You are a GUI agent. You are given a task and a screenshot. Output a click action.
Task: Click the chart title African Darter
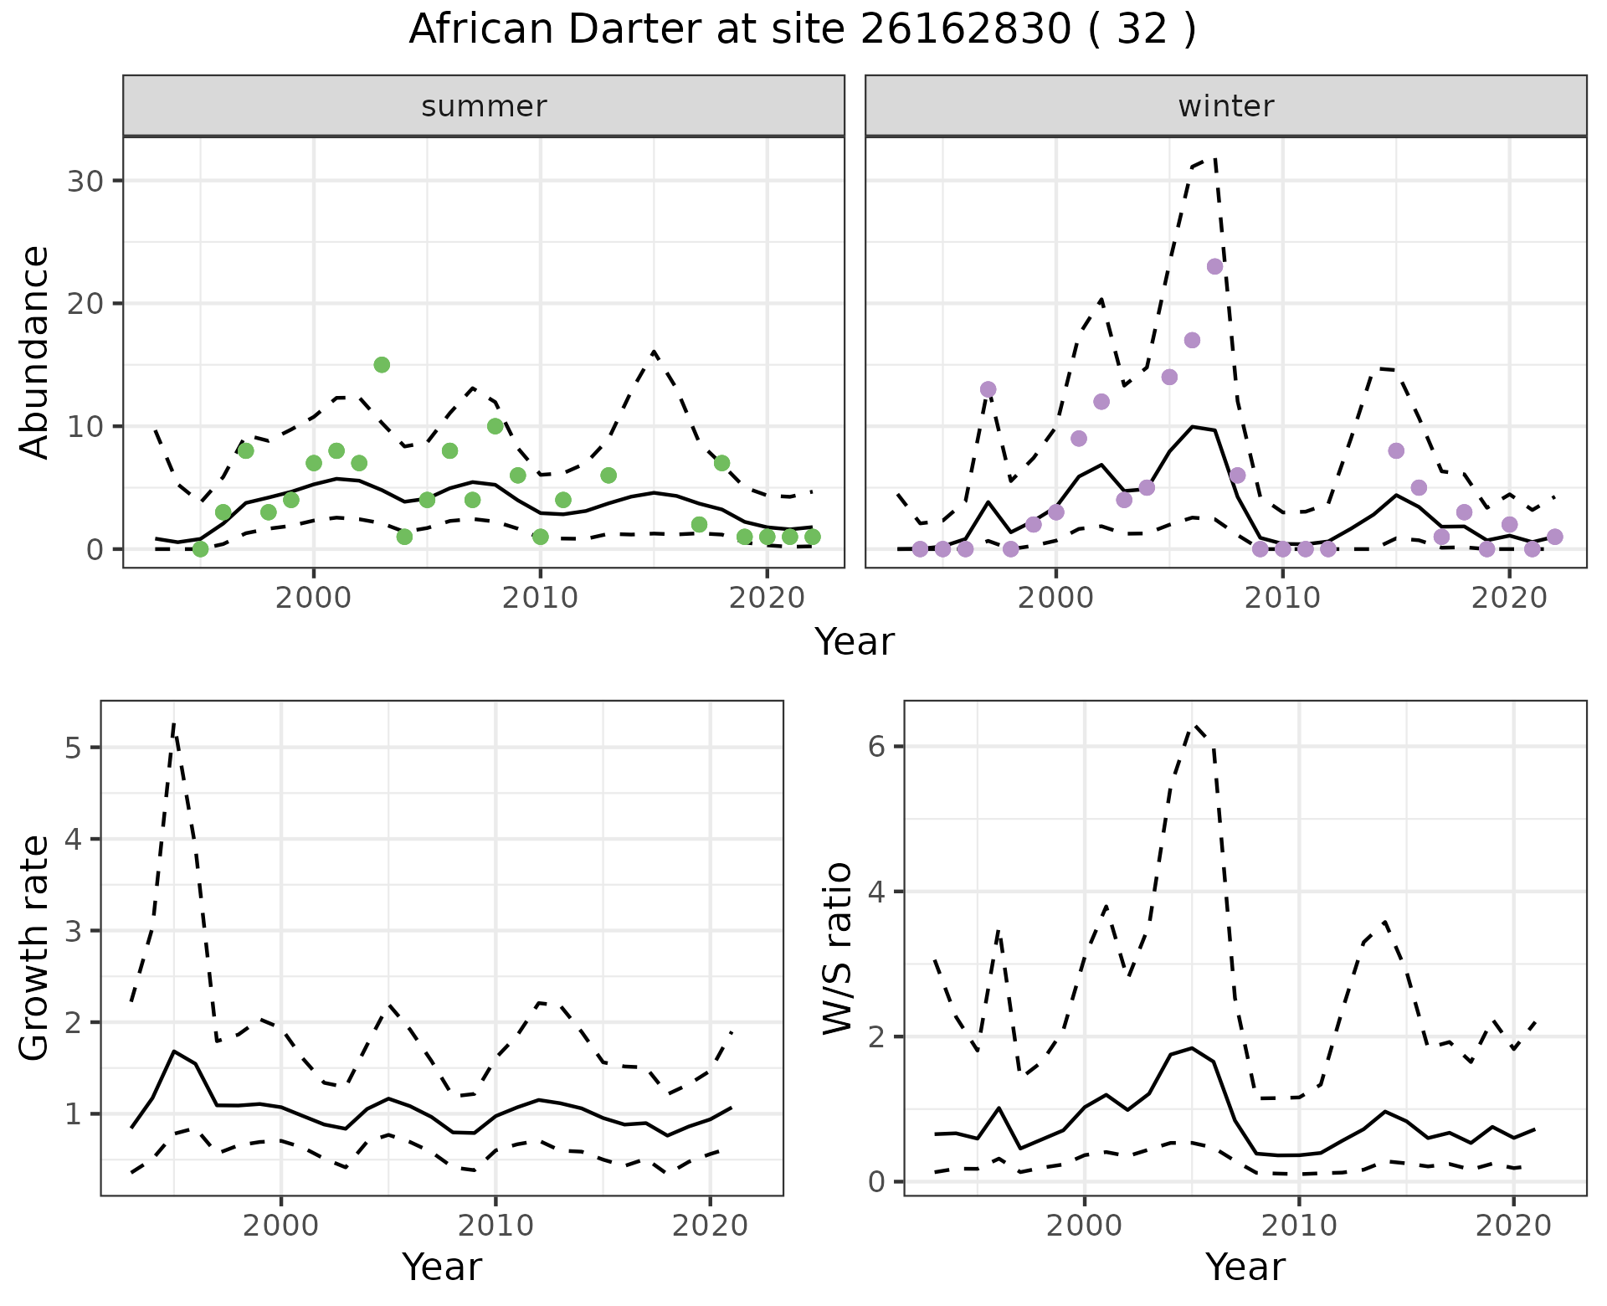(x=802, y=30)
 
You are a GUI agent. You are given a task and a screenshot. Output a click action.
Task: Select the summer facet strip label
(x=484, y=106)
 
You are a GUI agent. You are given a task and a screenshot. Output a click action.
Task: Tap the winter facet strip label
(x=1225, y=106)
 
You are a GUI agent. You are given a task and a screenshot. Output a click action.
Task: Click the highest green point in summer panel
(x=382, y=365)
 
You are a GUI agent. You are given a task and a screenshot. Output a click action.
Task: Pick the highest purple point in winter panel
(x=1215, y=267)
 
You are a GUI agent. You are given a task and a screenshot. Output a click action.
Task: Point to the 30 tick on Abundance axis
(x=85, y=181)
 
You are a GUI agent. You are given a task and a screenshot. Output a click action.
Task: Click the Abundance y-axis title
(x=34, y=352)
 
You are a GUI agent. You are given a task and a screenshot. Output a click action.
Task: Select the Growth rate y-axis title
(x=34, y=948)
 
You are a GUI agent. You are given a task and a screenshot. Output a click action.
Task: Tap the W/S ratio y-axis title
(x=838, y=948)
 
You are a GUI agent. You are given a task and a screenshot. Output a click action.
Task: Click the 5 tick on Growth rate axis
(x=73, y=748)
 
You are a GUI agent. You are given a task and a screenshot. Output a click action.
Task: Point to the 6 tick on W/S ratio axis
(x=876, y=747)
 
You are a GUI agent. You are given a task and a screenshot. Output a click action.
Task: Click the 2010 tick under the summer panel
(x=541, y=598)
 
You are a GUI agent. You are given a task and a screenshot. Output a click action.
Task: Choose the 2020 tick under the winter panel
(x=1509, y=598)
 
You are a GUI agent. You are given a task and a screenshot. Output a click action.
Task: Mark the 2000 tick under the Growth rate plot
(x=281, y=1226)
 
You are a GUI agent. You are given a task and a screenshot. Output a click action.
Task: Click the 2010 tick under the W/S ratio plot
(x=1299, y=1226)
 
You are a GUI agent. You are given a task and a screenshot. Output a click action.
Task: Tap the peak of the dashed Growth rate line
(x=173, y=725)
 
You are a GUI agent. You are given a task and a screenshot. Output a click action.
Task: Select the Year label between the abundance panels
(x=855, y=642)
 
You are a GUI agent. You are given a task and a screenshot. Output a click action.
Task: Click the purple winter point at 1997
(x=988, y=389)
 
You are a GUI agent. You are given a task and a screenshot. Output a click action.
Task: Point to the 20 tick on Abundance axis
(x=85, y=304)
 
